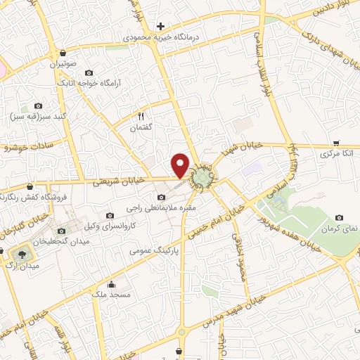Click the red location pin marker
coord(181,165)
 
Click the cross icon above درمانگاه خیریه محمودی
coord(161,26)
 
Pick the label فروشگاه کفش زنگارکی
coord(27,198)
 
